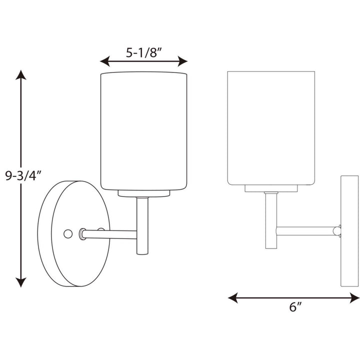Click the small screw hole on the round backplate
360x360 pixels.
[68, 233]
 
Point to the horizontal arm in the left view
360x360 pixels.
[110, 233]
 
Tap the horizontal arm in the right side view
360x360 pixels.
[305, 230]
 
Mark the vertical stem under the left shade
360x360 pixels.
[141, 225]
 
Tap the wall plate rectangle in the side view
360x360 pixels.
[349, 230]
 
